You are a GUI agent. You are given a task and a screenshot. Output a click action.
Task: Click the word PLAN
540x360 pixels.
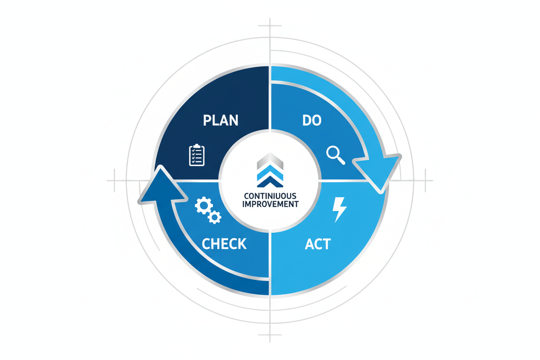click(221, 120)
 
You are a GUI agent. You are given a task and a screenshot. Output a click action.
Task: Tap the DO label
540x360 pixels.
click(312, 120)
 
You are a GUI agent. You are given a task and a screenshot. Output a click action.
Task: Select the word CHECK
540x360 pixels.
click(224, 244)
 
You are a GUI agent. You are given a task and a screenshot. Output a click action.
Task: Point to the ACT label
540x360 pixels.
click(318, 244)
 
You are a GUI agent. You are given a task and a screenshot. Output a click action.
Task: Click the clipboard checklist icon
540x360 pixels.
click(197, 155)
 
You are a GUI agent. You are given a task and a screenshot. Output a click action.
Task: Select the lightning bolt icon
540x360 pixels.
click(339, 210)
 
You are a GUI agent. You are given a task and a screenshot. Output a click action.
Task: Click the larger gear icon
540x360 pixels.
click(204, 206)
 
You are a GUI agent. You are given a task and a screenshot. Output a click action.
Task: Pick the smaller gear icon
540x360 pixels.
click(214, 217)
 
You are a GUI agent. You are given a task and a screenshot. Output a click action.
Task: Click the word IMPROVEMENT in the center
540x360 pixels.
click(270, 204)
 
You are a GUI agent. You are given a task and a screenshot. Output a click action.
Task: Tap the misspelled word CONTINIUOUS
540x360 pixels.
click(270, 196)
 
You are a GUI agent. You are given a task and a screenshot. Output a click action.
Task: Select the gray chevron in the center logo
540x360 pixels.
click(270, 161)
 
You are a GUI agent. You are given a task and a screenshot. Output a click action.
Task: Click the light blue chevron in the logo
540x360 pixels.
click(270, 173)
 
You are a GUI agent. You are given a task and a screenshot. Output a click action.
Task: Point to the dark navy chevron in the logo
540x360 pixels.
click(270, 182)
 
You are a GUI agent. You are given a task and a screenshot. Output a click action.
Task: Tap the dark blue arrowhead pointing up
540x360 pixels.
click(162, 186)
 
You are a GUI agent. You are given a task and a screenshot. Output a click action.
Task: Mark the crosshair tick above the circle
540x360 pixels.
click(270, 26)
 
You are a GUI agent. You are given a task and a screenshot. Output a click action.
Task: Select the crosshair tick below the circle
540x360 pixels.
click(270, 334)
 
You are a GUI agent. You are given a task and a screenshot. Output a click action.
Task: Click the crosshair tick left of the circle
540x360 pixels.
click(114, 180)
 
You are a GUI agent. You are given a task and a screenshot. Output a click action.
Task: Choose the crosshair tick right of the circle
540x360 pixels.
click(425, 180)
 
